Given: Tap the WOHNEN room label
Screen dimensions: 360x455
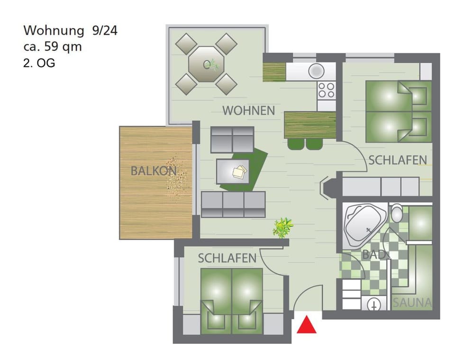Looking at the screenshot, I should tap(248, 111).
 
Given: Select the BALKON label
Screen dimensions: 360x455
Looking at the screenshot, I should tap(154, 171).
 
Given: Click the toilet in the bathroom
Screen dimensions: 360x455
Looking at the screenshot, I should tap(397, 214).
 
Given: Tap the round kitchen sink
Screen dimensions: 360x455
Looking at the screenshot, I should tap(316, 72).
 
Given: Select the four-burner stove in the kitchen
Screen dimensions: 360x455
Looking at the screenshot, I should tap(327, 90).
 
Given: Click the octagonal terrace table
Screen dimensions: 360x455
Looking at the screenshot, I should tap(206, 64).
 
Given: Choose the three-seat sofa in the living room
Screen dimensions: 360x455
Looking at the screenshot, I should tap(233, 204).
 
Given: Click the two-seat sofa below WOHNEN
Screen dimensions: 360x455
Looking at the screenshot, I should tap(232, 139).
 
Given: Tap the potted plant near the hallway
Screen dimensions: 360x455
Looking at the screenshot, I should tap(282, 227).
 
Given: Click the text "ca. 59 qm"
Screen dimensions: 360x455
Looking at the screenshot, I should tap(52, 47).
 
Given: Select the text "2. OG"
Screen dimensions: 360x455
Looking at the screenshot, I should tap(39, 63).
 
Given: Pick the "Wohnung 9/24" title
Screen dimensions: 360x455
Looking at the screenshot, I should tap(70, 31).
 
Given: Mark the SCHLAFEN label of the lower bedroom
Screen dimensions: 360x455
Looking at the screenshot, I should tap(227, 258).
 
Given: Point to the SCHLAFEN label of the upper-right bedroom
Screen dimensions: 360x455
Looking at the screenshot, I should tap(398, 160).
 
